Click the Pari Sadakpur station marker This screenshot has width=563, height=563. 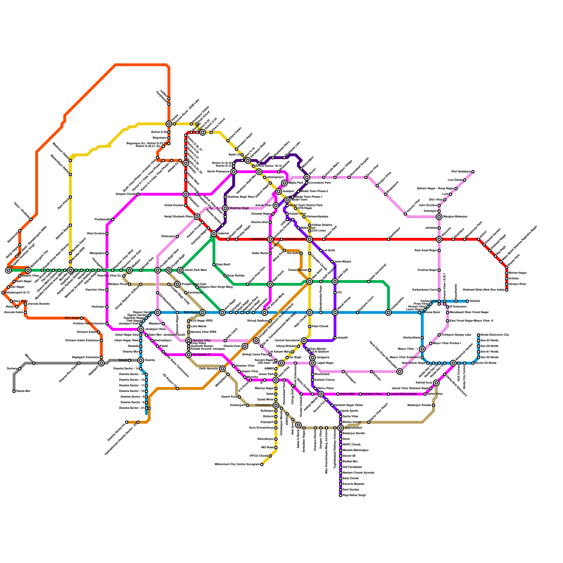click(x=473, y=172)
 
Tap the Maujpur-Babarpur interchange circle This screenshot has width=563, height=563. click(x=439, y=217)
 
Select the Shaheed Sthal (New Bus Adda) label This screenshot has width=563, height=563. click(x=483, y=290)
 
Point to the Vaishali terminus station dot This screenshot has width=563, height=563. click(x=467, y=301)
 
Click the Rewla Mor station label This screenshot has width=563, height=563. click(x=24, y=391)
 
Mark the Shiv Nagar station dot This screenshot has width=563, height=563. click(x=82, y=318)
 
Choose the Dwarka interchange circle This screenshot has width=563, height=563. click(x=141, y=360)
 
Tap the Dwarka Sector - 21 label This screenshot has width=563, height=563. click(x=132, y=408)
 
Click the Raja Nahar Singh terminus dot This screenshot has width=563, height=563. click(x=341, y=495)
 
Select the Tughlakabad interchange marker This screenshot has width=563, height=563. click(x=341, y=428)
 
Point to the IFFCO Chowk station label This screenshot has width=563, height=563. click(x=259, y=456)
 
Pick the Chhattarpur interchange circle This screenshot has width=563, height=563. click(x=276, y=405)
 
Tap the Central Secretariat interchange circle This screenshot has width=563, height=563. click(x=304, y=341)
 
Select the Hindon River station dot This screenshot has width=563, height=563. click(x=507, y=284)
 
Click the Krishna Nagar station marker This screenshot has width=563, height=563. click(x=439, y=270)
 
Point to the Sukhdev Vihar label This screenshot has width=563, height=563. click(x=372, y=394)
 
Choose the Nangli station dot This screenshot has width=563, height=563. click(x=129, y=360)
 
